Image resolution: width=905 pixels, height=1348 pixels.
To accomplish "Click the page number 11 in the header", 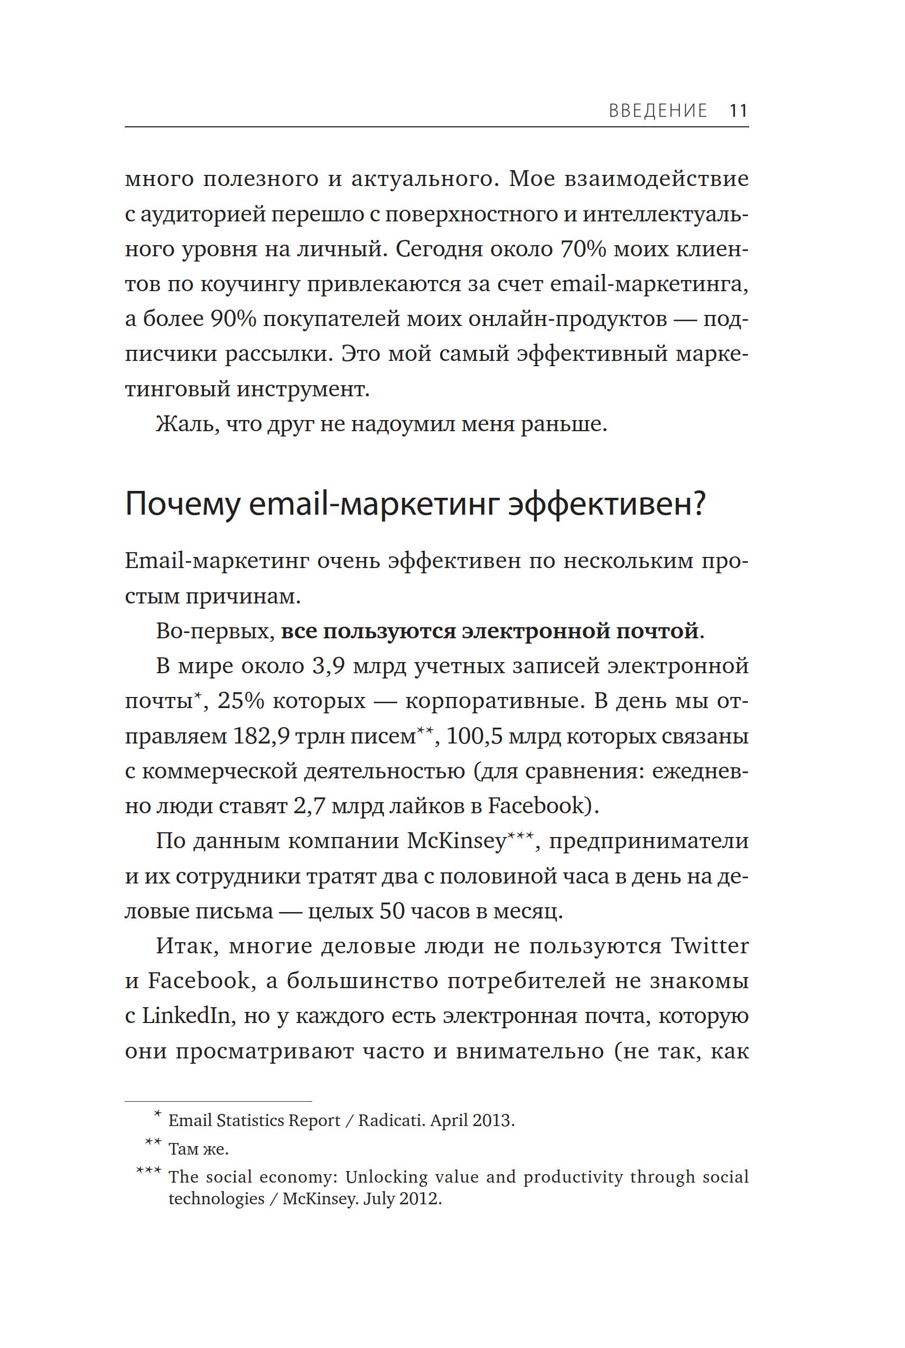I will [738, 110].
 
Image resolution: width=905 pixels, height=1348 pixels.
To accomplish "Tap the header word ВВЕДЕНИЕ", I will [658, 110].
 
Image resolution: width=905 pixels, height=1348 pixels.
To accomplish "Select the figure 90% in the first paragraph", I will [232, 319].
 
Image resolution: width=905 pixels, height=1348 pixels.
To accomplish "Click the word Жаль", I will [187, 424].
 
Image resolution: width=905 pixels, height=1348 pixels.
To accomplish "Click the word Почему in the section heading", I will [182, 504].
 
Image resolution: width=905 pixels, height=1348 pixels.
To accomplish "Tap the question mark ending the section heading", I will [699, 504].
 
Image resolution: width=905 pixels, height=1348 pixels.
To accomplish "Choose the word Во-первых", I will [214, 631].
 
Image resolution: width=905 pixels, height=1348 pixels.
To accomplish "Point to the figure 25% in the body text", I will [240, 701].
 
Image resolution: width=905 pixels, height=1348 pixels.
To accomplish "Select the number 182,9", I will [262, 736].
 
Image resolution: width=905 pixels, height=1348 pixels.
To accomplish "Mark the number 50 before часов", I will [392, 911].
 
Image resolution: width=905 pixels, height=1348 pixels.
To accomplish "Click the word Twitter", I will [710, 946].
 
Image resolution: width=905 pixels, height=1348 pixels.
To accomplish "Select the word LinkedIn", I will [186, 1016].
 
